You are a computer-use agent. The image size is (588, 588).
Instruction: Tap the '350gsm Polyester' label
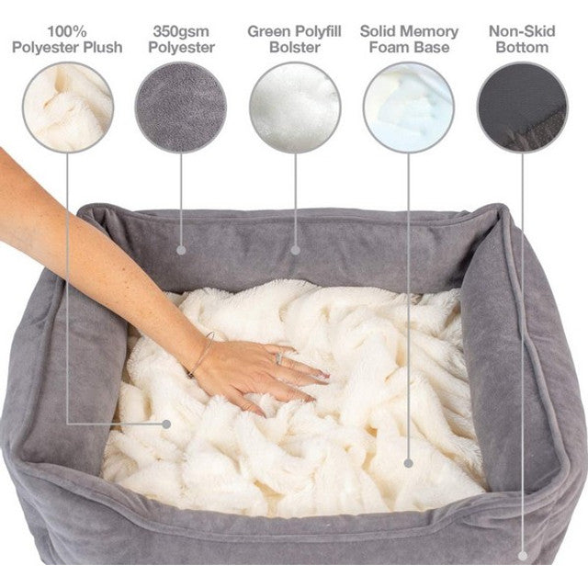pos(181,39)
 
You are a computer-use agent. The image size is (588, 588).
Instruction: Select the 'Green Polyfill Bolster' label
pos(294,39)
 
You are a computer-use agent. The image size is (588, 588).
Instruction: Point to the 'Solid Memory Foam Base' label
pos(409,39)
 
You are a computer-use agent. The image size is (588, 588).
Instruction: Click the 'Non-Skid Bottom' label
pos(522,39)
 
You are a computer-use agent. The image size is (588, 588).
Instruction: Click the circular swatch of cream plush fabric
pos(68,107)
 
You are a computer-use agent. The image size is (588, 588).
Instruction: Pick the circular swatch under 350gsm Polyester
pos(181,107)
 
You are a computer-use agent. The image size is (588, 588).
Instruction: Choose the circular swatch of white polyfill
pos(294,107)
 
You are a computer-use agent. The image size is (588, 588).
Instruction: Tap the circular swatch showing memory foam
pos(409,107)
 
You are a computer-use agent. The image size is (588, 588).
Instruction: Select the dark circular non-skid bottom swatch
pos(522,107)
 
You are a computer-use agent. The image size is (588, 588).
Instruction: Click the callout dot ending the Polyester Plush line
pos(166,424)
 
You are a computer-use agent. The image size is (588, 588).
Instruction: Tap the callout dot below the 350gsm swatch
pos(181,248)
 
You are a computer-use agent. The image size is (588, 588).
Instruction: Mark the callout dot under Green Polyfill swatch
pos(295,248)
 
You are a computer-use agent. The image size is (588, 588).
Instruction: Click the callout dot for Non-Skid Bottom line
pos(523,555)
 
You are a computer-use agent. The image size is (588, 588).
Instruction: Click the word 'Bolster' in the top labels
pos(294,47)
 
